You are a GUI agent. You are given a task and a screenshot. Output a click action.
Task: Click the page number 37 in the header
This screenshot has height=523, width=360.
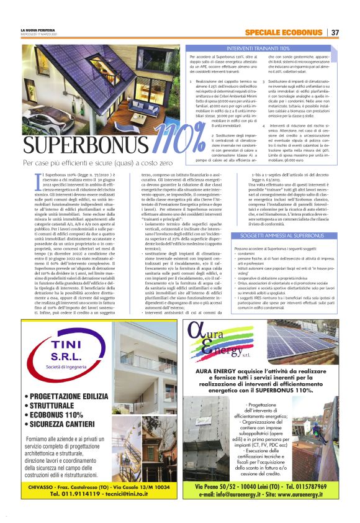[x=335, y=32]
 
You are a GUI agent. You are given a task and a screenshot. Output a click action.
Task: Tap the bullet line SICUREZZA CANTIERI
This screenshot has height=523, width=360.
[x=68, y=425]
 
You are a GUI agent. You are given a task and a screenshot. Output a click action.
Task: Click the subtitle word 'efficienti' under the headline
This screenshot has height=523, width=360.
[x=81, y=163]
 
